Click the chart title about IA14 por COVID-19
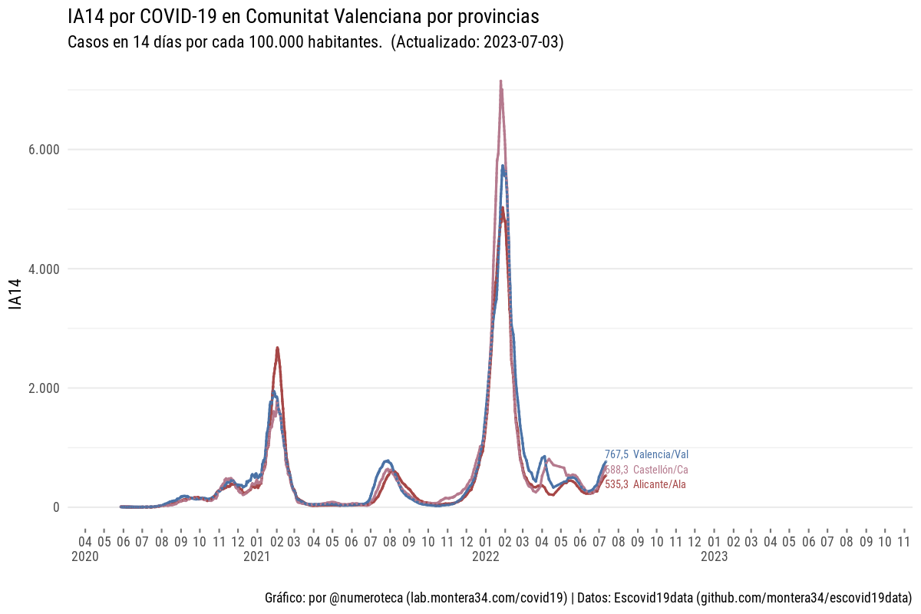tap(303, 16)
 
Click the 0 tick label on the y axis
tap(55, 507)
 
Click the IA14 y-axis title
tap(14, 295)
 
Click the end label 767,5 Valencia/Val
tap(646, 454)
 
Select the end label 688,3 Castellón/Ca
tap(646, 470)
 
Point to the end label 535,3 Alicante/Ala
tap(645, 484)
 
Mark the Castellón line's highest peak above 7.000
tap(500, 81)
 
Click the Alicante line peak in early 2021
tap(277, 348)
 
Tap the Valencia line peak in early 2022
tap(503, 166)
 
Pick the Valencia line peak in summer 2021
tap(388, 460)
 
